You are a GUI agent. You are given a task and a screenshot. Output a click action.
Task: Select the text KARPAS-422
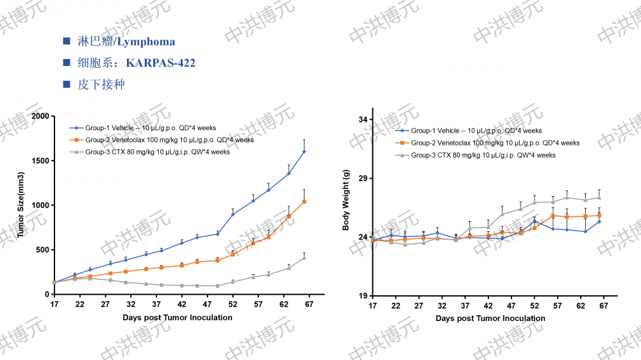[161, 63]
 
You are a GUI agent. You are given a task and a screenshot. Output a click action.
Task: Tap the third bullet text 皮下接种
[101, 85]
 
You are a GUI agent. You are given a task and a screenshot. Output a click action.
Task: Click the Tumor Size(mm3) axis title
[21, 205]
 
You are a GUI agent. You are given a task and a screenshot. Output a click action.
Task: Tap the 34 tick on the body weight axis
[363, 120]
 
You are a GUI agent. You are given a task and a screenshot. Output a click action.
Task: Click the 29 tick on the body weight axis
[363, 179]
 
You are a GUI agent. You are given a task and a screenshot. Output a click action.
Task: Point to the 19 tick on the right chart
[363, 296]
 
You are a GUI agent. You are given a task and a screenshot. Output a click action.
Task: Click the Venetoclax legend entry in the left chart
[169, 140]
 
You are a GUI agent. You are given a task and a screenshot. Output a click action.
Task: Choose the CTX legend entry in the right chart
[483, 156]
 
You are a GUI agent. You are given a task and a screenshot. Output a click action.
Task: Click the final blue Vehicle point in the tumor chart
[304, 152]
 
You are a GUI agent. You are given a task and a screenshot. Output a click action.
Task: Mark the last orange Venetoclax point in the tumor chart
[304, 202]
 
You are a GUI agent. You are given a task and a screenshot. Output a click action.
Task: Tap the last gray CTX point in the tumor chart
[304, 258]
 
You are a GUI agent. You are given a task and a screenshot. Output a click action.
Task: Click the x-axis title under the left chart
[178, 318]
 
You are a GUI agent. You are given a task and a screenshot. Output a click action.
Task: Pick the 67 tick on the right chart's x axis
[603, 306]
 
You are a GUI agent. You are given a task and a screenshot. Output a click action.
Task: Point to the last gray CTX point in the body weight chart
[599, 197]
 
